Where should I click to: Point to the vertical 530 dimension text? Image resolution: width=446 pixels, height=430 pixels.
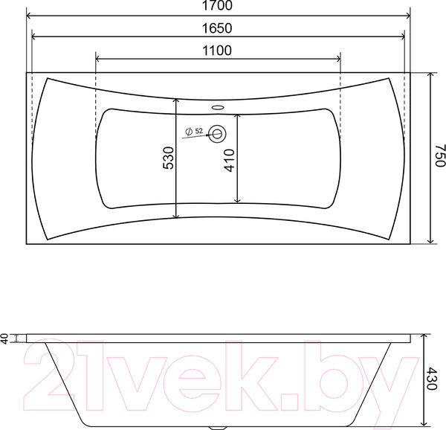[168, 158]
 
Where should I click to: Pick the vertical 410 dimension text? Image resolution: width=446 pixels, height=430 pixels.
[230, 160]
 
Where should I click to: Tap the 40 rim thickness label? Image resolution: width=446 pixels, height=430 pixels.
[5, 339]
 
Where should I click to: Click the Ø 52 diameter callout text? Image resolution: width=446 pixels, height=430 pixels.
[195, 132]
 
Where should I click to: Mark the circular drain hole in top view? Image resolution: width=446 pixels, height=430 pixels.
[219, 134]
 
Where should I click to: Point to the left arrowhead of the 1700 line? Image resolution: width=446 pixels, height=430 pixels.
[30, 16]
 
